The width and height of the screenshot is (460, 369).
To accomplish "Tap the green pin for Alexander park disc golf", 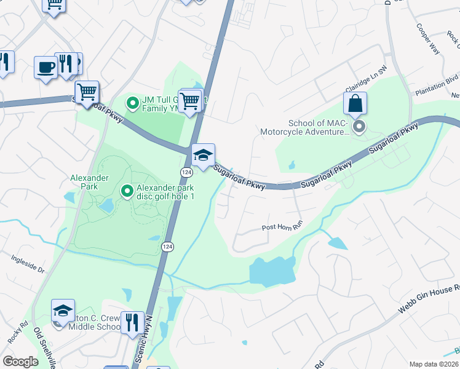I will [x=127, y=192].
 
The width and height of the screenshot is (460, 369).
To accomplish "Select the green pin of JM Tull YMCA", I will [x=132, y=103].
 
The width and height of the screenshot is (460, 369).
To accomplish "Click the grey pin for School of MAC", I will [x=359, y=127].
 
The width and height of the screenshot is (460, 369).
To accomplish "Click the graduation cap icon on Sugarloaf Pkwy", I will [x=203, y=156].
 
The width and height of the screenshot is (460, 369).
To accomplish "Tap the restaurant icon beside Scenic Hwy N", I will [x=132, y=322].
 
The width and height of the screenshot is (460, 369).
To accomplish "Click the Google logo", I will [x=21, y=362].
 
